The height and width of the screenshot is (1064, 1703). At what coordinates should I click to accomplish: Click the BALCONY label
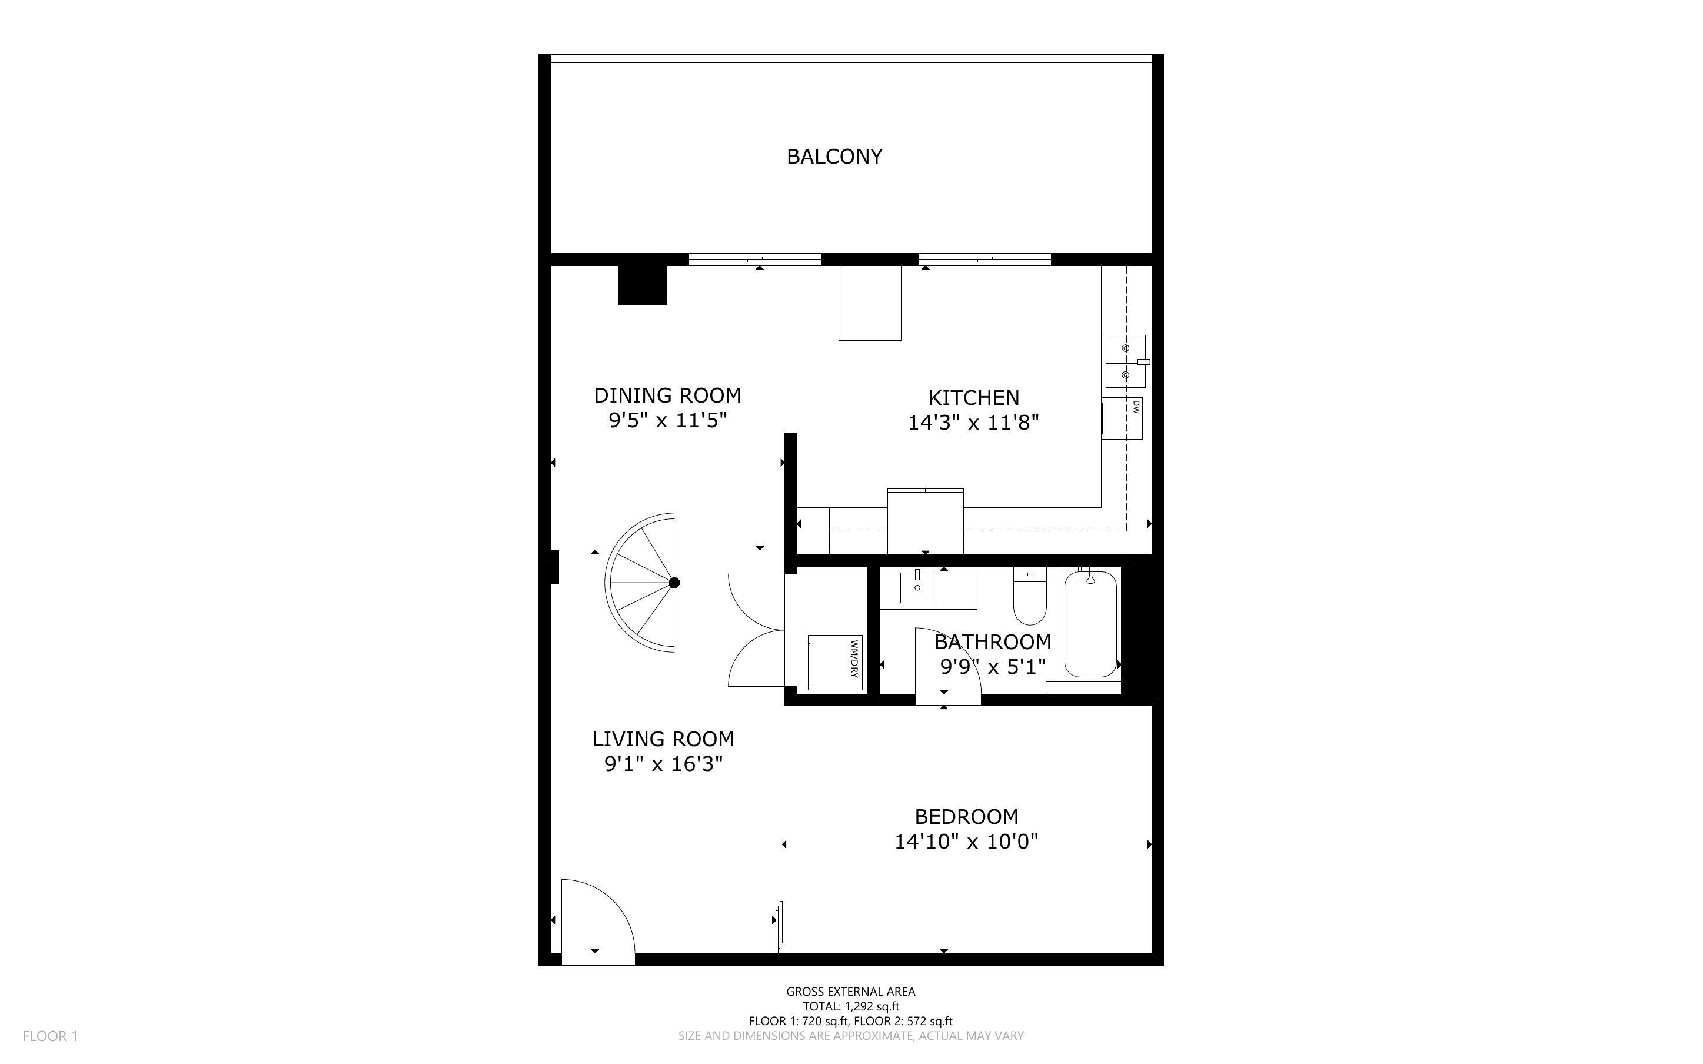[834, 156]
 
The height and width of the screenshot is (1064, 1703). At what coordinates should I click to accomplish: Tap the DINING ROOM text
[667, 395]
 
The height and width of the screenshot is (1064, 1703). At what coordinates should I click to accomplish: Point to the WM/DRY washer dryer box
[835, 662]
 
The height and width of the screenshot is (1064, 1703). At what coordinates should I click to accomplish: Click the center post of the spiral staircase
[674, 583]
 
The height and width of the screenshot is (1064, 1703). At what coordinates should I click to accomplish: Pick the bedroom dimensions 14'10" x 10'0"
[966, 842]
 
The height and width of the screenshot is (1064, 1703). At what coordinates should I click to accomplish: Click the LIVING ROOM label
[663, 739]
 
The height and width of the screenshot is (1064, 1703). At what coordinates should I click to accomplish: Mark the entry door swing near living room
[598, 918]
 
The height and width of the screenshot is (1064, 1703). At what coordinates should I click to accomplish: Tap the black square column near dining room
[641, 284]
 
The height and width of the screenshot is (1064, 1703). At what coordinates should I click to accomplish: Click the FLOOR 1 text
[50, 1036]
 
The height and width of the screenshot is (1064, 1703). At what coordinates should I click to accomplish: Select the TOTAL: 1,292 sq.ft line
[850, 1006]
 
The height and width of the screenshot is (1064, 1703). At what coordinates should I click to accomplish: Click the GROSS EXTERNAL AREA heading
[850, 992]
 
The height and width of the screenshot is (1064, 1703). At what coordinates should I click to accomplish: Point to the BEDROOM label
[966, 816]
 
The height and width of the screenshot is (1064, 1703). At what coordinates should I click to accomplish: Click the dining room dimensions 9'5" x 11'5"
[667, 421]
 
